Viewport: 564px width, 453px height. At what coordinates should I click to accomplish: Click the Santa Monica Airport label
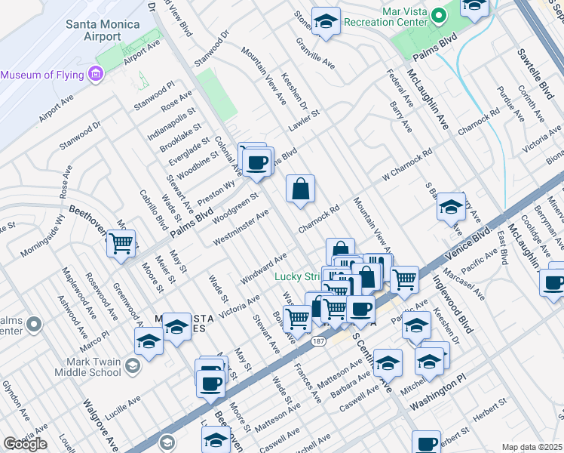point(103,32)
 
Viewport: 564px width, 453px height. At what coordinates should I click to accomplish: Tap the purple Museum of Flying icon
point(95,74)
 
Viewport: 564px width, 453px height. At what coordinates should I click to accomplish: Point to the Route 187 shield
point(320,342)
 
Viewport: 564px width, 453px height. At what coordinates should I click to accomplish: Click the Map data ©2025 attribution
point(532,447)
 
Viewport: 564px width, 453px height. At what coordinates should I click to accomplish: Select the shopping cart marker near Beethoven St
point(121,244)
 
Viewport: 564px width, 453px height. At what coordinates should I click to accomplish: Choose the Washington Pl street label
point(435,395)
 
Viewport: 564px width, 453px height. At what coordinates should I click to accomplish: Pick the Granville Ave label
point(314,54)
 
